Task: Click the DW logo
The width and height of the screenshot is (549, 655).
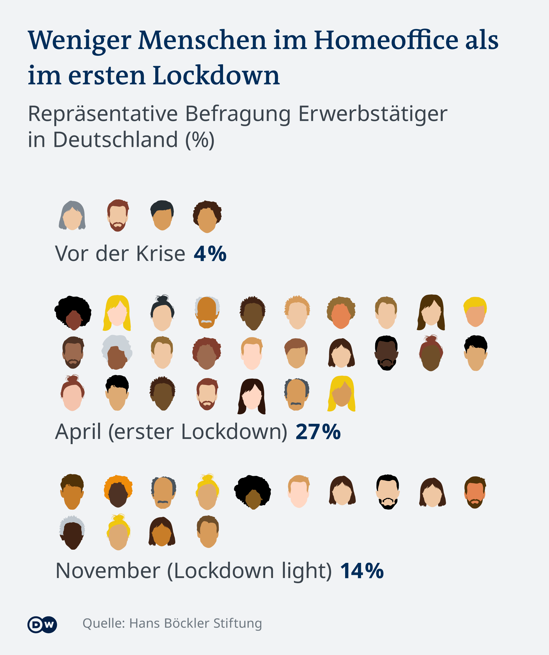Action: click(42, 624)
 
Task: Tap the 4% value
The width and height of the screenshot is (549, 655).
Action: click(210, 254)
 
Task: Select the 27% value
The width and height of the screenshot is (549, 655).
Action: click(318, 432)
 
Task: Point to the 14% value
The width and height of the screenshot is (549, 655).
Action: click(361, 571)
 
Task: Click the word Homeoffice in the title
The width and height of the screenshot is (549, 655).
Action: click(386, 41)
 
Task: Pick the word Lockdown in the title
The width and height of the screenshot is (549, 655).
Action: click(216, 76)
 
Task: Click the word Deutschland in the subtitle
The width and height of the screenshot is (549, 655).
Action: click(116, 140)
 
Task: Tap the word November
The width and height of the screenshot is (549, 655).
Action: click(108, 571)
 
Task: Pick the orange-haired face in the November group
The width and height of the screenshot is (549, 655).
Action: click(118, 492)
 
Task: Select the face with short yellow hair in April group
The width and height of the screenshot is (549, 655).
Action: click(475, 312)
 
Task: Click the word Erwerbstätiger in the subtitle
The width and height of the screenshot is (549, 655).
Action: click(373, 114)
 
